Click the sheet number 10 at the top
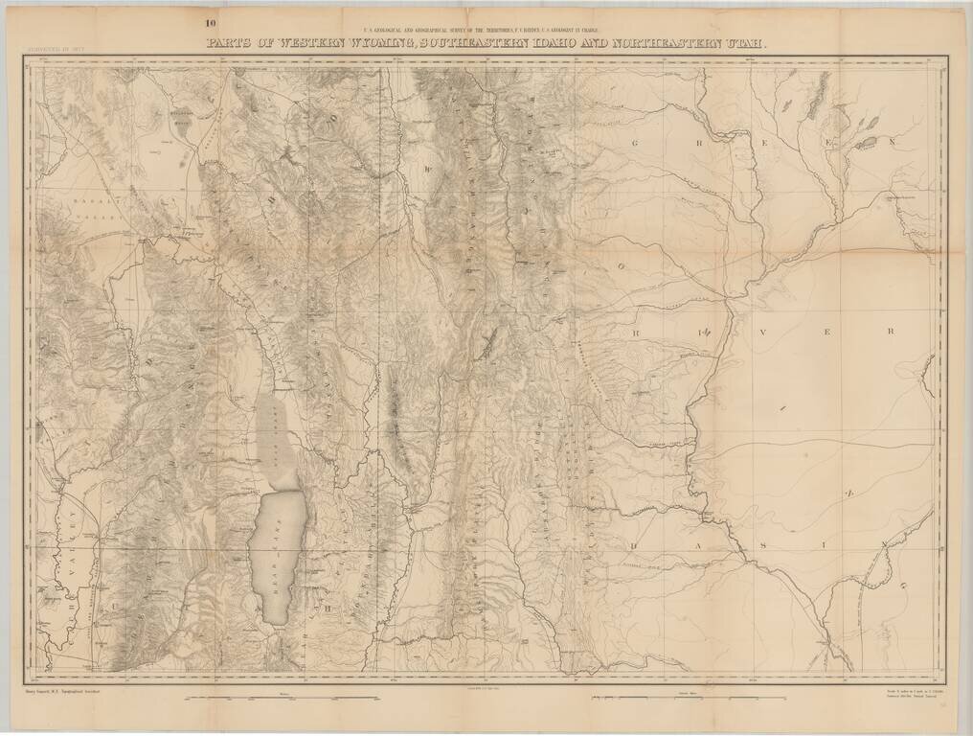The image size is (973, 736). click(209, 22)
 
